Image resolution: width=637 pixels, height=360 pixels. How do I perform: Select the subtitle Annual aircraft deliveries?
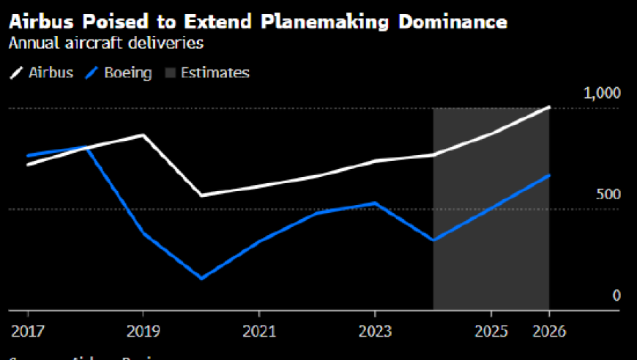click(105, 43)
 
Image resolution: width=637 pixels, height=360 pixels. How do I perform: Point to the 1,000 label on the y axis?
click(602, 94)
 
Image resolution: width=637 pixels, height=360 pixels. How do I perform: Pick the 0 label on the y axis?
click(616, 296)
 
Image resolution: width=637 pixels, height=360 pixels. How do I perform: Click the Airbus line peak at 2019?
click(142, 135)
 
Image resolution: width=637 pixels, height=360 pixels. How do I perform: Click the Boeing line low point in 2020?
click(201, 278)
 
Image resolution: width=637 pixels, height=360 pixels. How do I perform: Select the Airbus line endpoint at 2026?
click(549, 108)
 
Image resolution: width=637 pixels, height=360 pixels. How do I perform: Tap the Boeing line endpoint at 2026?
click(549, 176)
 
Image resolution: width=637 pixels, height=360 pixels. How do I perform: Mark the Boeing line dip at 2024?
click(433, 240)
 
